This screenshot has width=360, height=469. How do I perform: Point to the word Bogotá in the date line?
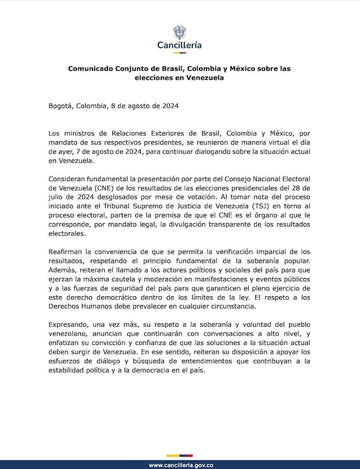pyautogui.click(x=61, y=105)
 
